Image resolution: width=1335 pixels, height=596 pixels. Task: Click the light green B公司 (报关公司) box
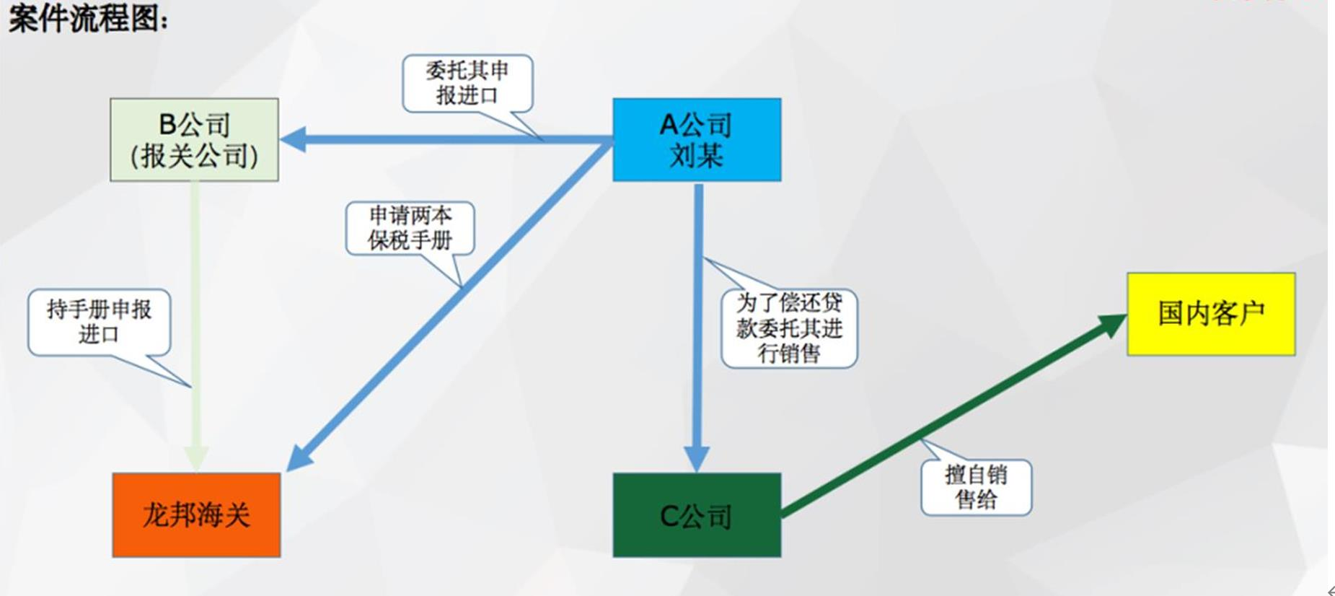click(x=194, y=139)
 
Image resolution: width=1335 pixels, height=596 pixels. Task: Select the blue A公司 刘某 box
click(x=696, y=139)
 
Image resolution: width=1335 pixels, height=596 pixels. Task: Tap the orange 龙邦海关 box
click(x=196, y=514)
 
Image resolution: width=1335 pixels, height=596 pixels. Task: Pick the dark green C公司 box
click(x=696, y=514)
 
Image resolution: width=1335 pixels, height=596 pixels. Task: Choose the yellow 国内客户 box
click(x=1211, y=314)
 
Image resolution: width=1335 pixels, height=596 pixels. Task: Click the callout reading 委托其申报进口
click(x=467, y=83)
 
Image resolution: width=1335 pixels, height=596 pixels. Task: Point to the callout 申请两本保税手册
click(x=410, y=228)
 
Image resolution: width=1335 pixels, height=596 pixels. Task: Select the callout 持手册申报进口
click(x=99, y=322)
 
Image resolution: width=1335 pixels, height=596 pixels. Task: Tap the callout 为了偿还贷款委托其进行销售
click(x=789, y=328)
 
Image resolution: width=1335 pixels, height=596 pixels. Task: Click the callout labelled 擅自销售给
click(x=976, y=487)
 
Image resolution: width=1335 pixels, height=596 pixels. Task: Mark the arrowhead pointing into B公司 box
click(x=293, y=139)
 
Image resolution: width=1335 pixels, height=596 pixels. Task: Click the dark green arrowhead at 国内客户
click(x=1111, y=324)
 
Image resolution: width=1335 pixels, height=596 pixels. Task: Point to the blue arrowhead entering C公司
click(x=697, y=459)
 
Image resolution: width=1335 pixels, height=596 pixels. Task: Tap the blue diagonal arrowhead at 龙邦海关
click(x=299, y=458)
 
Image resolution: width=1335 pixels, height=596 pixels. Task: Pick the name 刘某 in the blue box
click(x=696, y=155)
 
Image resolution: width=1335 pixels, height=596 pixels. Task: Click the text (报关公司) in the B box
click(x=194, y=156)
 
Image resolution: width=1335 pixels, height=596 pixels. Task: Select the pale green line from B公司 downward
click(x=195, y=303)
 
